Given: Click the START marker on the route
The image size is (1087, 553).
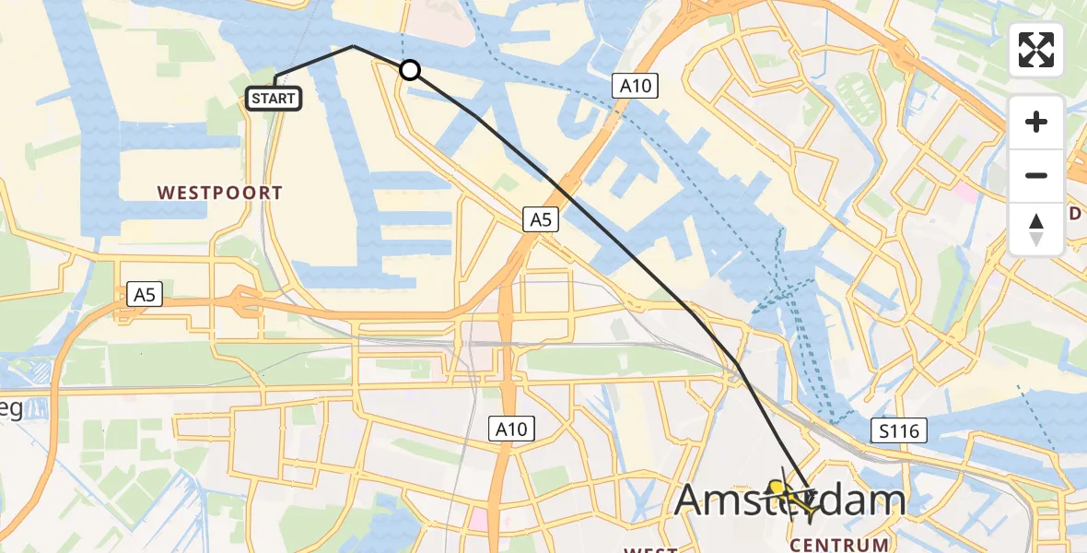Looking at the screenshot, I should click(x=275, y=99).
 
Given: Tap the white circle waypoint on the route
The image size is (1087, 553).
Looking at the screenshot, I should click(x=410, y=70).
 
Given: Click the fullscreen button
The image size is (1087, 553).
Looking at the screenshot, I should click(x=1036, y=50).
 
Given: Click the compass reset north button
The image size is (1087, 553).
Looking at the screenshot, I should click(x=1036, y=229).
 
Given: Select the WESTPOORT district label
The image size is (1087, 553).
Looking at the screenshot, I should click(x=219, y=193).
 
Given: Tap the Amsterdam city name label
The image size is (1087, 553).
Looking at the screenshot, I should click(x=790, y=500).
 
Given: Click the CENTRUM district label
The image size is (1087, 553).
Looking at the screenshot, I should click(x=839, y=544).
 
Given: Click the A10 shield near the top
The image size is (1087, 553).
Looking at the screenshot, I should click(x=635, y=87).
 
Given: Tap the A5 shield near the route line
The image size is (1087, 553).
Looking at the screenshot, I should click(x=541, y=219).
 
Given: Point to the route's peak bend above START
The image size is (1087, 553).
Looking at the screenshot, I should click(x=354, y=46).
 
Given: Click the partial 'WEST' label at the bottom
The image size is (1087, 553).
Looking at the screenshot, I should click(x=650, y=549).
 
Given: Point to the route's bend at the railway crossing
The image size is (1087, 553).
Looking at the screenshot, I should click(x=737, y=365).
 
